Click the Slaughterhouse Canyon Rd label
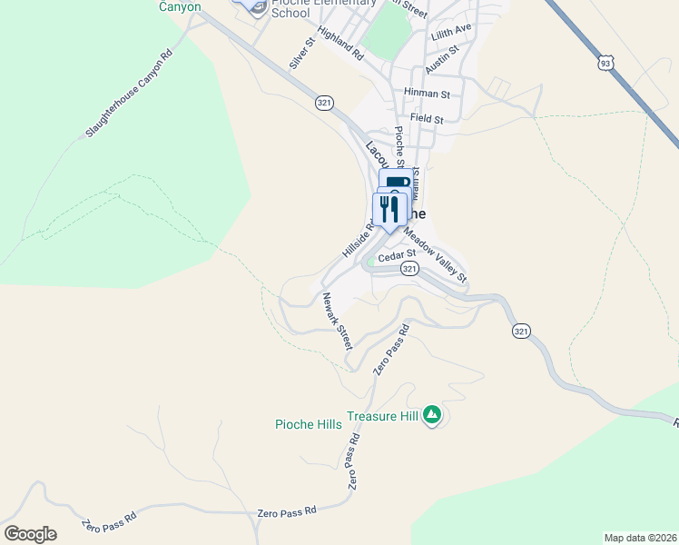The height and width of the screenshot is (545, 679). pos(129,94)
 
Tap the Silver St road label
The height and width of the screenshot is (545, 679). pos(301,54)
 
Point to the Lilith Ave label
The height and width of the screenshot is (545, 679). pos(452,30)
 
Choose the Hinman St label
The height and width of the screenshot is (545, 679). pos(428,94)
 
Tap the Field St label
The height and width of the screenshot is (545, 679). pos(427,119)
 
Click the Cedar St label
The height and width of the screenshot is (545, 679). pos(397,255)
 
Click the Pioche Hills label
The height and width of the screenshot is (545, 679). pos(309,424)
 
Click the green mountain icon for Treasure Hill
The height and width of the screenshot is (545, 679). pos(432,415)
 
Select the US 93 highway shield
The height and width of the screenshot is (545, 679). pos(606,63)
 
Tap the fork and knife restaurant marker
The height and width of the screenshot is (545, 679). pos(389,211)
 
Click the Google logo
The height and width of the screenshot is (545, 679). pos(30,534)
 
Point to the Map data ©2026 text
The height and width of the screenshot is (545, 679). pos(639,537)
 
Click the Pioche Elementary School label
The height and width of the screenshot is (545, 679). pos(322,7)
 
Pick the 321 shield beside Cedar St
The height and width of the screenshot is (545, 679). pos(410,269)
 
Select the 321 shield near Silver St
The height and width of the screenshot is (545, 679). pos(324,103)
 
